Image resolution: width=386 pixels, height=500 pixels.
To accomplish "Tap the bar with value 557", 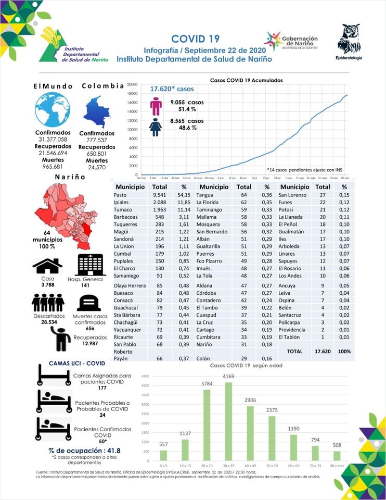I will click(164, 455).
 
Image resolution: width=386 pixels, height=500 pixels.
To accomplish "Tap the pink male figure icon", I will click(156, 106).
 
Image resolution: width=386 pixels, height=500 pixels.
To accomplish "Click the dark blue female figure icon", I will click(156, 127).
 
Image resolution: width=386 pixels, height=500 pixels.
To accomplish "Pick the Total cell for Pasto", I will click(159, 194).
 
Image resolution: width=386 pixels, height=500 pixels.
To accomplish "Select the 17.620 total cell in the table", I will click(323, 352).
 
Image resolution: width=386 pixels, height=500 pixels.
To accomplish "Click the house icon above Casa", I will click(47, 266).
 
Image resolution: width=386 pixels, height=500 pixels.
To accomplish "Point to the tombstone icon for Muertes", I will click(88, 303).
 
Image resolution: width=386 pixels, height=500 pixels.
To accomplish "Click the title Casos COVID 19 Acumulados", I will click(246, 81).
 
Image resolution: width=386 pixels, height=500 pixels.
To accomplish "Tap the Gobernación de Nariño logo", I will click(291, 41).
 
